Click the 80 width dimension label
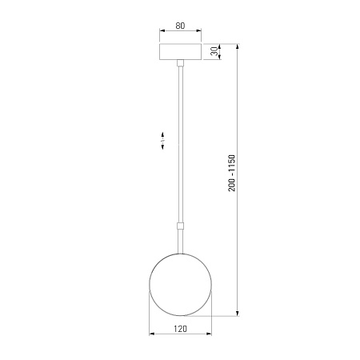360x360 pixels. [x=180, y=26]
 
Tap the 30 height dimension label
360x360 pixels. [x=214, y=51]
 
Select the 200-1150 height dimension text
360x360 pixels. [x=232, y=173]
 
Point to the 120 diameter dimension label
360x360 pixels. [x=181, y=329]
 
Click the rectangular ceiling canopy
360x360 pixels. [x=180, y=52]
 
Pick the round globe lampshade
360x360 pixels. [x=181, y=285]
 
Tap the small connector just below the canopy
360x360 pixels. [x=181, y=63]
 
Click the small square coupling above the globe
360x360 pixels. [x=181, y=226]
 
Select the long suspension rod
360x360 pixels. [x=181, y=145]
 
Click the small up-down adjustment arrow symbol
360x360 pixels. [x=162, y=140]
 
